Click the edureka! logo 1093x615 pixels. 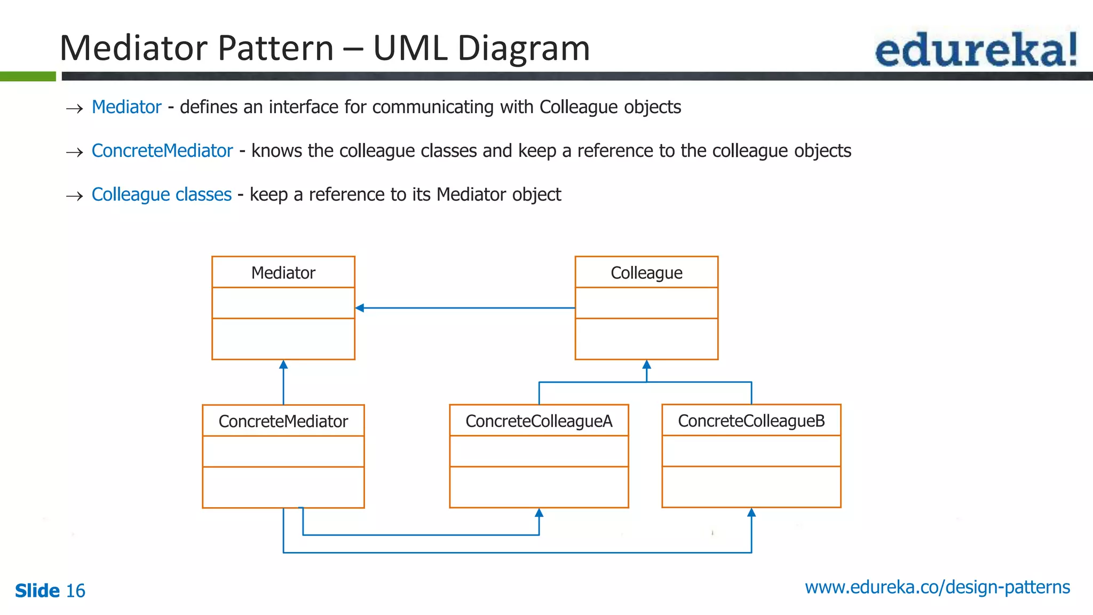[976, 50]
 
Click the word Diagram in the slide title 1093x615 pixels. [524, 49]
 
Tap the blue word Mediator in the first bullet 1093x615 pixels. [126, 107]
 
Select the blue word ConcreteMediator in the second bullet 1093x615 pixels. [162, 151]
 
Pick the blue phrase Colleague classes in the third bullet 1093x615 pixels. [162, 195]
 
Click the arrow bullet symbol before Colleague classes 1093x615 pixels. [75, 196]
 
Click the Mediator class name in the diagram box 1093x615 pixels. [283, 273]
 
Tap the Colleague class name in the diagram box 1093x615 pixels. [646, 273]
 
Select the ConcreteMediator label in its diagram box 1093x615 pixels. [283, 421]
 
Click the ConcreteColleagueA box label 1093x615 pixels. [538, 421]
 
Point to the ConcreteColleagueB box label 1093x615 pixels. [751, 421]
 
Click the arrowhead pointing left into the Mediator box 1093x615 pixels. [360, 308]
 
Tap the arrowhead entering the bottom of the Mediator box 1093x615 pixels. [283, 365]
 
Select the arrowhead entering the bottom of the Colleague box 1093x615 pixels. [646, 365]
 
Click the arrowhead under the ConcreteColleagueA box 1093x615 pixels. [539, 513]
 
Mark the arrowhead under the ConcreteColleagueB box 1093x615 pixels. [751, 512]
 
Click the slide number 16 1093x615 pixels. [75, 591]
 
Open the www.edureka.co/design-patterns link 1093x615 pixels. [937, 587]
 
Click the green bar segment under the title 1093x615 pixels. [28, 76]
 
